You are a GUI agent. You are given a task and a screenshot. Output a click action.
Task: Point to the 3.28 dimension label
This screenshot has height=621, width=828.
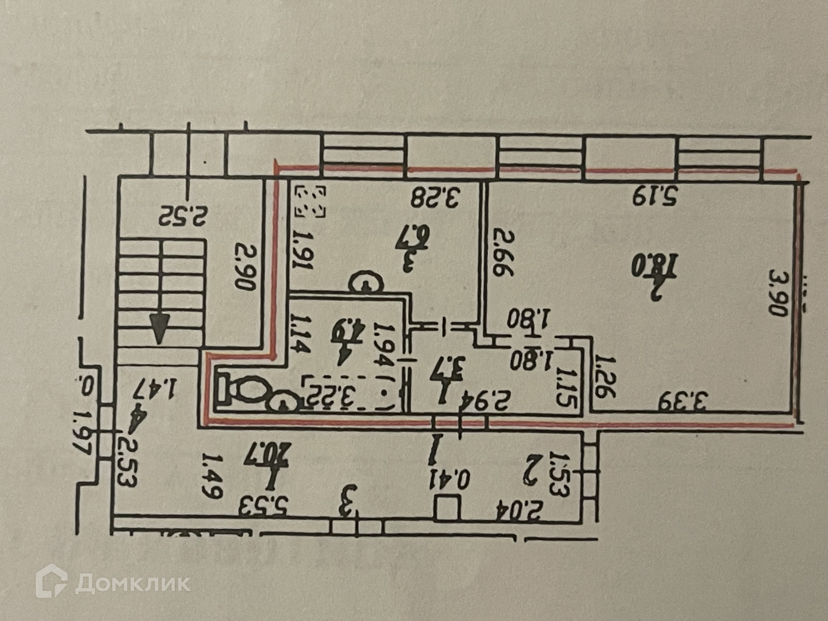(x=435, y=197)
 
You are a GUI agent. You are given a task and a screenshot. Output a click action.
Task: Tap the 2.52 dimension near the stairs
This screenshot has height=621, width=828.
(x=183, y=216)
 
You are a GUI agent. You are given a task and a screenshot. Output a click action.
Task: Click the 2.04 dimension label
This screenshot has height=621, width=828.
(x=520, y=509)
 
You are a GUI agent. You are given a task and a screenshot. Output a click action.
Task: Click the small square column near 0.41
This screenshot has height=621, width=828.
(x=446, y=508)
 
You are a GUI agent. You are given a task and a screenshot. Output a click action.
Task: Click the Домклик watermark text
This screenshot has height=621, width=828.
(x=132, y=584)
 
